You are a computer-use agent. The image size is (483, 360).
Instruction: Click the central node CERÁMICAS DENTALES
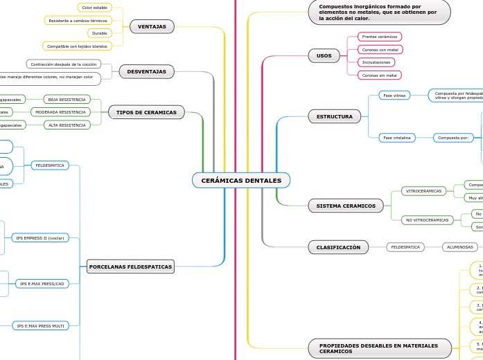pos(241,181)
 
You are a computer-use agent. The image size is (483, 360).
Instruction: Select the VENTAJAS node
pos(152,26)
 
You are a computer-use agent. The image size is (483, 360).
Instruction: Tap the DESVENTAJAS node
pos(146,71)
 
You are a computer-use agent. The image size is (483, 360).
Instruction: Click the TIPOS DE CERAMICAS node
pos(146,112)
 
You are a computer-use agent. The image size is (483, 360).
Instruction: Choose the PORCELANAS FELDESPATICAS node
pos(130,266)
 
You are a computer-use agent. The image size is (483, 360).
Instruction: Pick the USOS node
pos(324,55)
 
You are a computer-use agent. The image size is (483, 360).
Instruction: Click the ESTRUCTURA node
pos(334,116)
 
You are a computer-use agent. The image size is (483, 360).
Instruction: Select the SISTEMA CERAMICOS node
pos(345,206)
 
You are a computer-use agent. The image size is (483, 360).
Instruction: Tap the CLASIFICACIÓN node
pos(338,247)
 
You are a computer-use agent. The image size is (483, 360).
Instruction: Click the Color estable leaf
pos(94,8)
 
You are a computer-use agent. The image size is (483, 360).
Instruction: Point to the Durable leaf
pos(100,33)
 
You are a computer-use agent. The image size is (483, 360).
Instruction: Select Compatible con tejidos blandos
pos(78,46)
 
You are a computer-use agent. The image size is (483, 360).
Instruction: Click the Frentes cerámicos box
pos(379,37)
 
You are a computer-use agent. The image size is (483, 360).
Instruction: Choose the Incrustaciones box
pos(376,62)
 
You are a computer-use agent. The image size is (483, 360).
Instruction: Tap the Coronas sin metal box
pos(379,75)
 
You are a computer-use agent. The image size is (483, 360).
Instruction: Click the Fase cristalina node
pos(396,138)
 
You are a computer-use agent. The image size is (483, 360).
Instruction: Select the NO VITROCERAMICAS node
pos(427,220)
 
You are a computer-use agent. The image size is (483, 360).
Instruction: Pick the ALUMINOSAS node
pos(460,247)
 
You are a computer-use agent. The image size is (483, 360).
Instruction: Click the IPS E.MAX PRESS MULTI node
pos(40,325)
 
